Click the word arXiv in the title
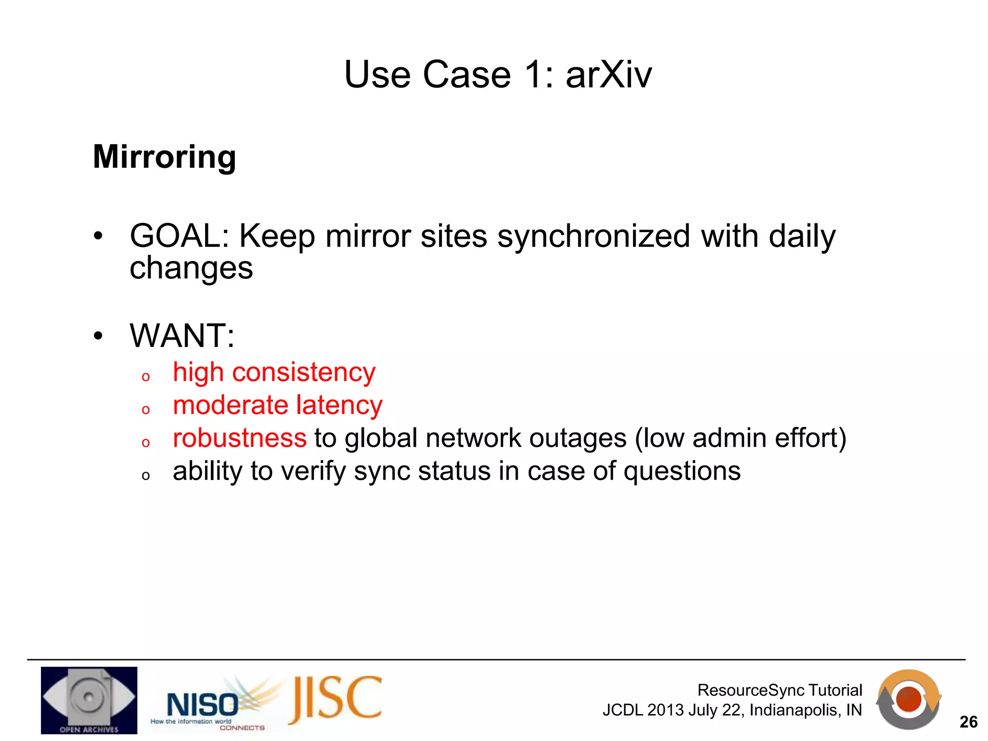(608, 75)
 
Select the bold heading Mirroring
(165, 157)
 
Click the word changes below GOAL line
(191, 268)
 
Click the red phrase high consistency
(274, 373)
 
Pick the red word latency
(339, 405)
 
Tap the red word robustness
(240, 439)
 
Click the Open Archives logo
(89, 700)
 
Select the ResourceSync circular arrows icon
(908, 699)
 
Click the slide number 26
(968, 722)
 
